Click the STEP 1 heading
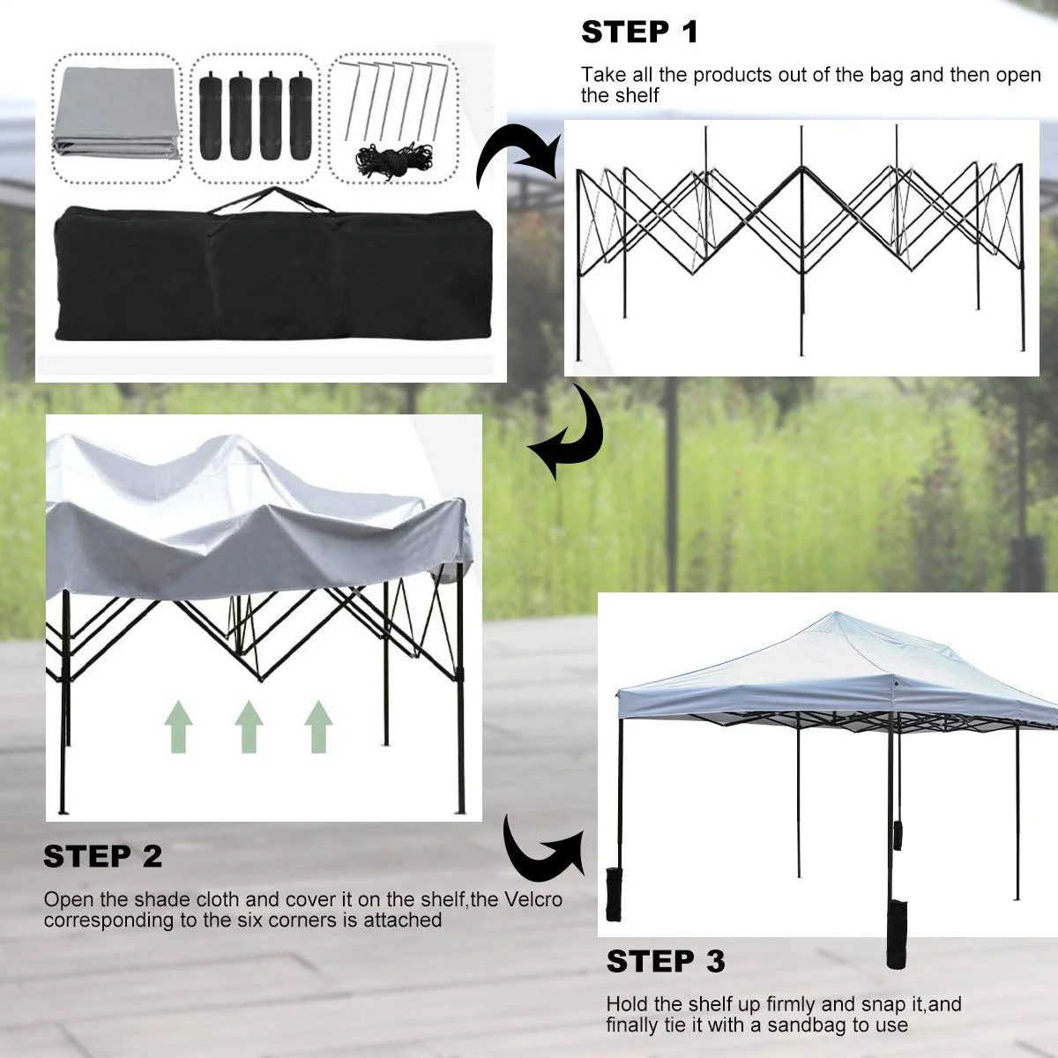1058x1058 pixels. click(x=639, y=33)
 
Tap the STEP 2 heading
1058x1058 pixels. click(x=103, y=856)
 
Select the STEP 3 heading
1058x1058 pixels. click(x=666, y=961)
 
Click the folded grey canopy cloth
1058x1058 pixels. click(x=116, y=115)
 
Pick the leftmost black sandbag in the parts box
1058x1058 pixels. click(x=211, y=118)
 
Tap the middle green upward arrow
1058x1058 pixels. click(x=249, y=726)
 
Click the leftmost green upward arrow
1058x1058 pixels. click(x=179, y=726)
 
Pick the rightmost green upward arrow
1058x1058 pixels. click(x=318, y=726)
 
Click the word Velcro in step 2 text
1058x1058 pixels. click(x=533, y=900)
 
